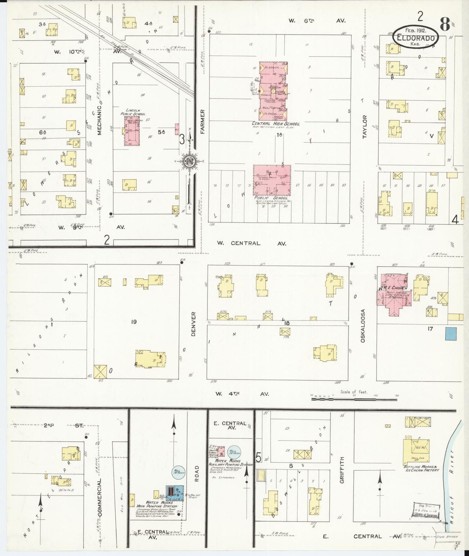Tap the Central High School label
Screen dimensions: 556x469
coord(276,124)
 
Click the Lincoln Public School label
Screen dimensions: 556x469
coord(133,112)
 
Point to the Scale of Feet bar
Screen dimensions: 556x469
coord(354,399)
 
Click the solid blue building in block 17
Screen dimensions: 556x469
coord(451,334)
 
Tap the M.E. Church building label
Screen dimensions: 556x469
coord(393,288)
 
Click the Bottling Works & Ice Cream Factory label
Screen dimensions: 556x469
coord(421,468)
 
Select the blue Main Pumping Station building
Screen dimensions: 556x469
coord(175,493)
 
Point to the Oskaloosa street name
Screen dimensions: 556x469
coord(363,325)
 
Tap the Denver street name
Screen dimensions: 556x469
coord(193,324)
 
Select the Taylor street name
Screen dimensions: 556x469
coord(364,127)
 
